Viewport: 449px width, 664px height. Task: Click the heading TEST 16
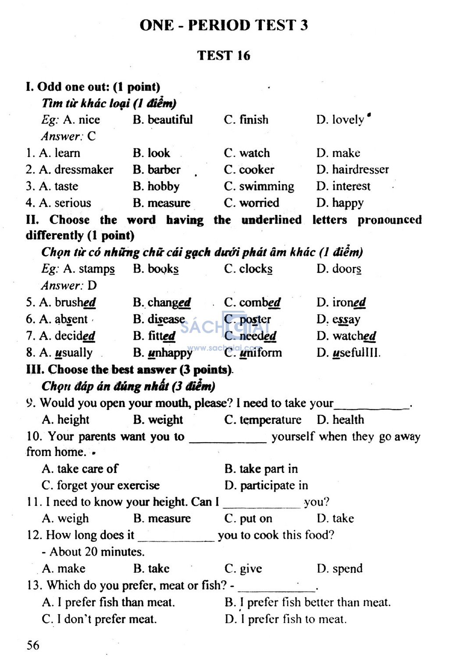tap(224, 56)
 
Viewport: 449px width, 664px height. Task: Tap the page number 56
tap(33, 645)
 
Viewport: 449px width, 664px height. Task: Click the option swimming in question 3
tap(267, 187)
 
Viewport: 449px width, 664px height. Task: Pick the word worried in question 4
tap(259, 203)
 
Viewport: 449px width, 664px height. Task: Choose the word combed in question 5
tap(260, 303)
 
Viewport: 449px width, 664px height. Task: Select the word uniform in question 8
tap(260, 353)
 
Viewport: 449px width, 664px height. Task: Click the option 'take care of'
tap(87, 469)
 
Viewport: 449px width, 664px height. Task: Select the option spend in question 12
tap(347, 569)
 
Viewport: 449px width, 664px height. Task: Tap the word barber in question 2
tap(164, 170)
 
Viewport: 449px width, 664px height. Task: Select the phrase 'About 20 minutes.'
tap(97, 552)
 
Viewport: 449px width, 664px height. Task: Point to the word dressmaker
tap(84, 170)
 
